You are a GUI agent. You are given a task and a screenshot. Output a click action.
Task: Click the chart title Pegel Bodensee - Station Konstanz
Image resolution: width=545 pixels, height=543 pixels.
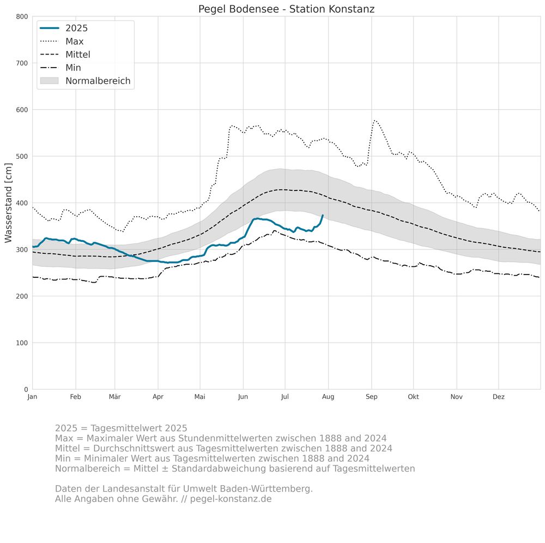[x=286, y=9]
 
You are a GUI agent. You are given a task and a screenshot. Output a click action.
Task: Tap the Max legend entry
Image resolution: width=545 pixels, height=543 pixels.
[x=74, y=41]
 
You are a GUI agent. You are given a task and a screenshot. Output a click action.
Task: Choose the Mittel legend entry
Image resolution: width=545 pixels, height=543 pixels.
[x=77, y=55]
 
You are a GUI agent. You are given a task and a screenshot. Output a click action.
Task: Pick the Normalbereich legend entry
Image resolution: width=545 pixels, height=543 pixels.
[x=98, y=81]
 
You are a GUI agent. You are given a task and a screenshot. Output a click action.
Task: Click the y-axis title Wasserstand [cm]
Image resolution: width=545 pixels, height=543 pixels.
[x=8, y=203]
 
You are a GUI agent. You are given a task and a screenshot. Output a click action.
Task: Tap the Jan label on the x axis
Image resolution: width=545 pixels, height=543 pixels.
[x=32, y=397]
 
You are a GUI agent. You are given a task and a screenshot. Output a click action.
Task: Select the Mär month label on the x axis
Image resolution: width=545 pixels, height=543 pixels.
[x=115, y=397]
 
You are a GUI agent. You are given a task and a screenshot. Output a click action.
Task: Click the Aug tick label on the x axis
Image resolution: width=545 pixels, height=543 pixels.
[x=328, y=397]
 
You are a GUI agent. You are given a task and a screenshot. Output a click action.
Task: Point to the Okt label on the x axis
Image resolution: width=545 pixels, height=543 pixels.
[x=413, y=397]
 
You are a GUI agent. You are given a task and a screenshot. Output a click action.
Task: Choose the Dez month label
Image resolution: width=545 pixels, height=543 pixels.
[x=499, y=397]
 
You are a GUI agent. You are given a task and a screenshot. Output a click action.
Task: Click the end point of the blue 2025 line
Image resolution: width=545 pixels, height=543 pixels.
[x=323, y=216]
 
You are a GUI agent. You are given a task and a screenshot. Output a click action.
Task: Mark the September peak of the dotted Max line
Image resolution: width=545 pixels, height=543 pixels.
[x=374, y=121]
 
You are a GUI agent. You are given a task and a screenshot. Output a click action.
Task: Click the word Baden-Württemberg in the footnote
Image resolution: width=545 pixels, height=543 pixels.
[x=270, y=488]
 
